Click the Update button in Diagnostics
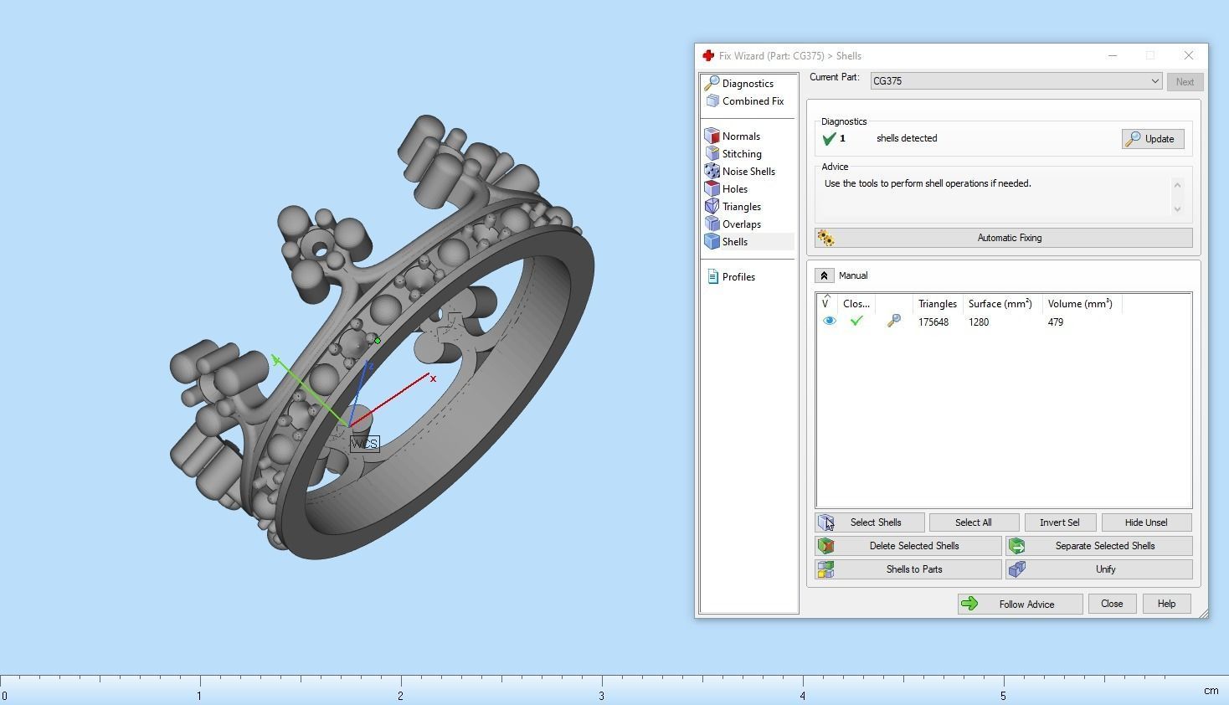point(1153,139)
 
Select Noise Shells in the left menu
point(748,172)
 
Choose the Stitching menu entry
point(741,154)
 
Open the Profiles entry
point(738,277)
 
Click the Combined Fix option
point(752,101)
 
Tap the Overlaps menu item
point(741,224)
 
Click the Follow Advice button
point(1020,604)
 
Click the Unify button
point(1099,569)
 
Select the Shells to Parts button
point(908,569)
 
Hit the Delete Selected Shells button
point(908,546)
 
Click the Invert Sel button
point(1059,522)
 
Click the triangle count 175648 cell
point(933,322)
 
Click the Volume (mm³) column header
point(1080,304)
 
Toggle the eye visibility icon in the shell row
point(829,322)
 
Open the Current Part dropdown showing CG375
point(1016,81)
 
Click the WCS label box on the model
point(364,444)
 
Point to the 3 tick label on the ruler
point(601,696)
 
